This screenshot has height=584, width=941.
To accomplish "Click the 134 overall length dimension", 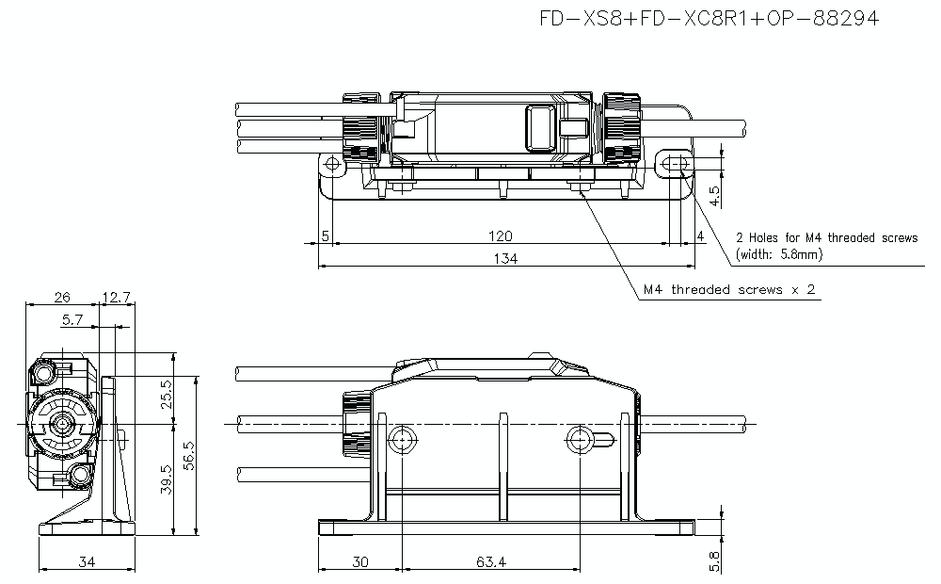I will [506, 258].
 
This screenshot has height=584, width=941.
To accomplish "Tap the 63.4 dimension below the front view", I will [490, 562].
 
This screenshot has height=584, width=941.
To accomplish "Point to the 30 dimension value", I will [360, 562].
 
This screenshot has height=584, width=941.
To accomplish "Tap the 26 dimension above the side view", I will [62, 298].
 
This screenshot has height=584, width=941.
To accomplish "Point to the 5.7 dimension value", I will [72, 320].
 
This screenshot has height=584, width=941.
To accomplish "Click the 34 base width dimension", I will [87, 562].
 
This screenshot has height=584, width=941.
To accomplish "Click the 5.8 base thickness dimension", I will [714, 562].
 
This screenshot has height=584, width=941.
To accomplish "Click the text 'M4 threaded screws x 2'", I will [729, 289].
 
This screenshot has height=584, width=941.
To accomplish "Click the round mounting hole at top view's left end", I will [331, 165].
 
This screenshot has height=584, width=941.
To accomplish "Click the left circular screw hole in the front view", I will [402, 438].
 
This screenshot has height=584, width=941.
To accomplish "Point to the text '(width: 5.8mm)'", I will [779, 254].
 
